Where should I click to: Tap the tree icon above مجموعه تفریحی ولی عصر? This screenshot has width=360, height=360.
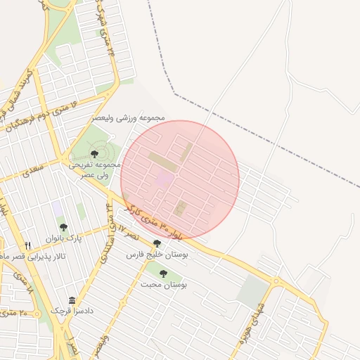click(x=94, y=153)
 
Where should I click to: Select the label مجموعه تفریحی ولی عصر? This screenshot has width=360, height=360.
click(x=95, y=169)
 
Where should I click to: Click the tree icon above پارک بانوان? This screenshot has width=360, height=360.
click(x=63, y=227)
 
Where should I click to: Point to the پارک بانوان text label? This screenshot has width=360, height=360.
click(x=64, y=239)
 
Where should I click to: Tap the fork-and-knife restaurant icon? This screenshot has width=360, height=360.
click(x=28, y=245)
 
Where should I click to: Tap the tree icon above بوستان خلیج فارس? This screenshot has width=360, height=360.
click(x=156, y=243)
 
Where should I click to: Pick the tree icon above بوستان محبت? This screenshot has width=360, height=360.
click(x=163, y=274)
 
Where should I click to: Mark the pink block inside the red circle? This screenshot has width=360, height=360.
click(x=163, y=179)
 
